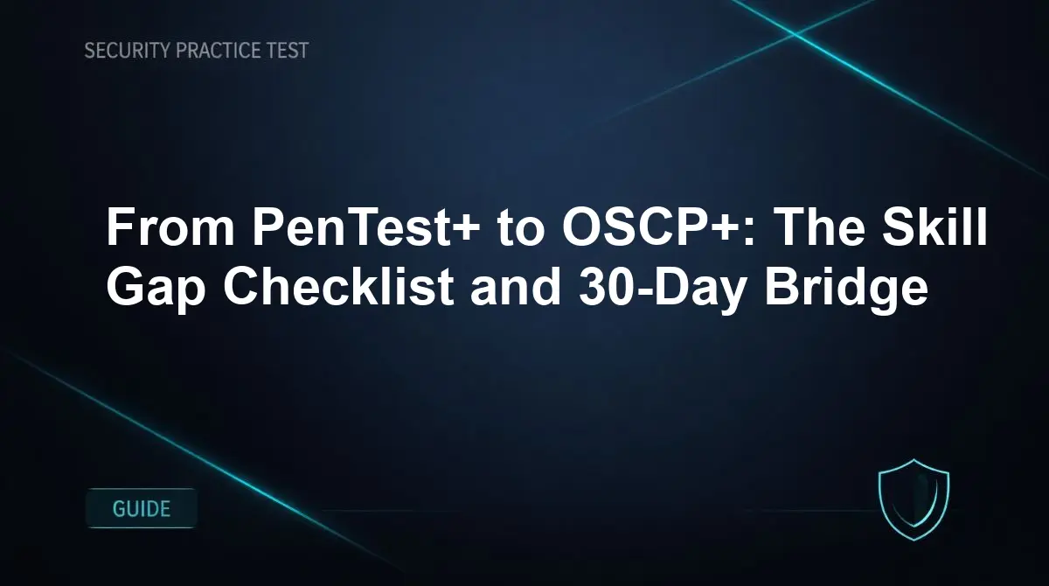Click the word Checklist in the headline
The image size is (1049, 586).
coord(337,287)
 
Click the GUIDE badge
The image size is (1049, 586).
coord(142,508)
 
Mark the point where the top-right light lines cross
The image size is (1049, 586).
coord(795,33)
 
